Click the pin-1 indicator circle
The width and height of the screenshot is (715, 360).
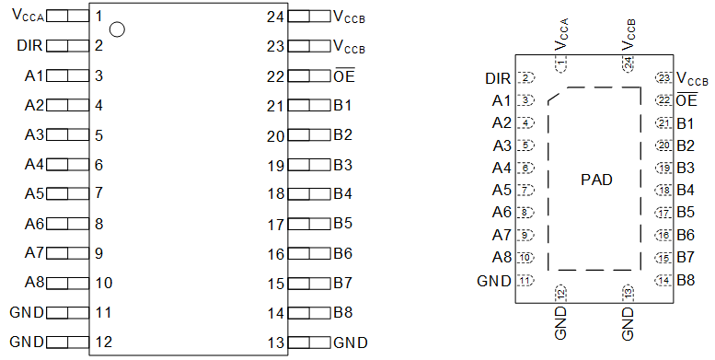point(116,29)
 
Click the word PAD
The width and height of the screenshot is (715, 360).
point(596,180)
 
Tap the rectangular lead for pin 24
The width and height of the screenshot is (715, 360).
point(309,17)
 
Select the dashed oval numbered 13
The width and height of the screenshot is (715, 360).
point(629,293)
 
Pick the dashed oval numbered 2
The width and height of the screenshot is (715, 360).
point(525,78)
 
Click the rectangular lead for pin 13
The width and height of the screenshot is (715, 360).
point(309,343)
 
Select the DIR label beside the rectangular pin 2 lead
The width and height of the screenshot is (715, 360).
point(29,45)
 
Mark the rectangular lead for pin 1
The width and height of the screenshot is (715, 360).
point(67,17)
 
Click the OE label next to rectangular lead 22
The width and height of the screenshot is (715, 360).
point(344,76)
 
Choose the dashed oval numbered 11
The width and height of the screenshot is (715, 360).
point(525,281)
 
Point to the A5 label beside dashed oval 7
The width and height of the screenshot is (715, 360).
point(502,191)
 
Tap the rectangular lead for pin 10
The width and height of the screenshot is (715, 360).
point(67,284)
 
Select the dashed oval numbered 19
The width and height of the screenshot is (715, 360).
point(663,168)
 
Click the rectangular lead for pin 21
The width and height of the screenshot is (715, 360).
point(309,106)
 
